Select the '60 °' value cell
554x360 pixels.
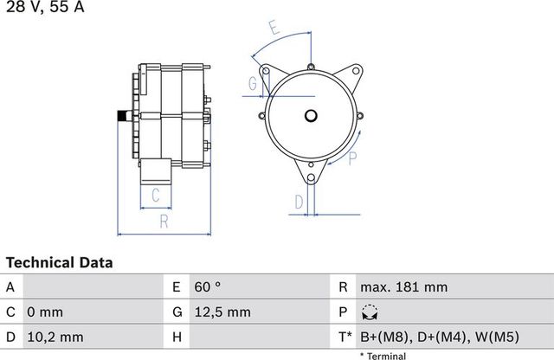209,286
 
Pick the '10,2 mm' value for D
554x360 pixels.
56,336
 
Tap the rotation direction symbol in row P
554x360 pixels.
370,312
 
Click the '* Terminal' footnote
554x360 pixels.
382,355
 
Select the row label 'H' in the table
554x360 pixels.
177,336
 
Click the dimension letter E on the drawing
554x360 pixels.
274,27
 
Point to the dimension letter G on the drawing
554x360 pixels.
253,84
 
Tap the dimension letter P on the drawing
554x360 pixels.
352,158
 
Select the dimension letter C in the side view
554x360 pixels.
156,196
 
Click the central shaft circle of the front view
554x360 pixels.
311,113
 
